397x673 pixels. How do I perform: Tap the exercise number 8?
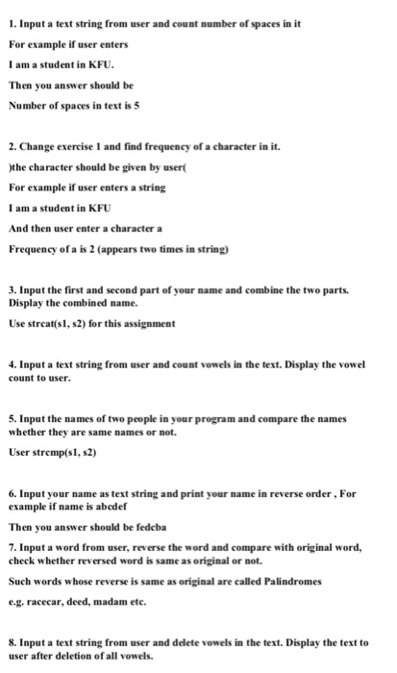tap(11, 641)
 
